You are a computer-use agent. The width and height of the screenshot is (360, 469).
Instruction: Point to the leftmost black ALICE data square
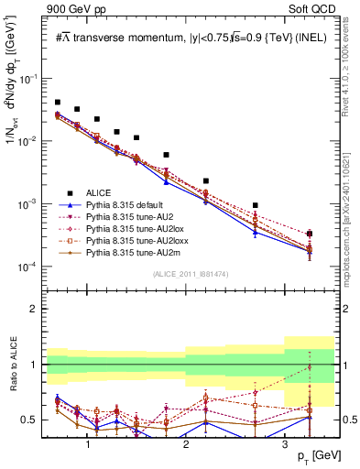point(58,103)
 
